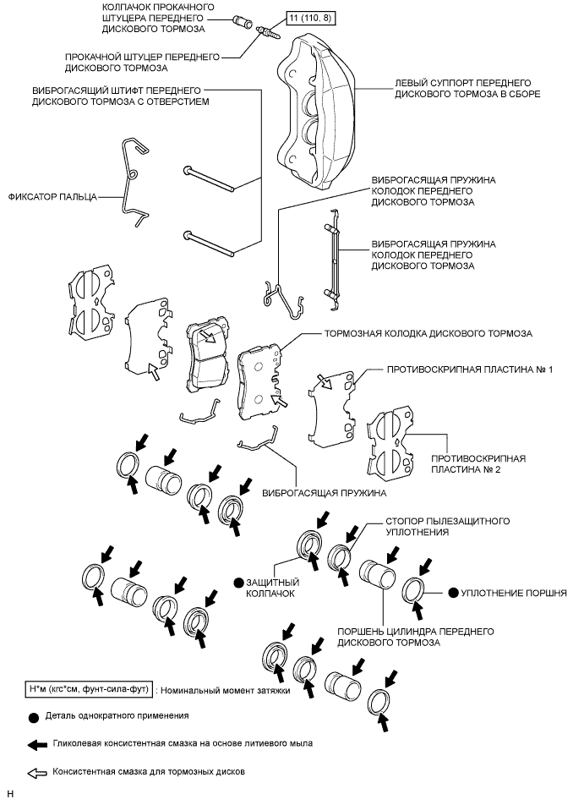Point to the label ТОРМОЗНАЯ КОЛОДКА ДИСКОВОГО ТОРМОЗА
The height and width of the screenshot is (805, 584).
tap(428, 334)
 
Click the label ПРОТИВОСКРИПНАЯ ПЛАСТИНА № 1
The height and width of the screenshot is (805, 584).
tap(468, 370)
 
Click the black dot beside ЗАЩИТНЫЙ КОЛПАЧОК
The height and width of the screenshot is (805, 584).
tap(239, 583)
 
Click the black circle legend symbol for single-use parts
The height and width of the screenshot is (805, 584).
tap(34, 717)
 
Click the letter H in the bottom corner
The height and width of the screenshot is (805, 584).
tap(10, 795)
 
